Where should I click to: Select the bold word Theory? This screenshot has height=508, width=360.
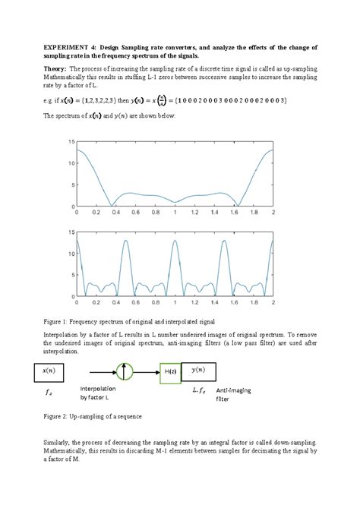tap(55, 68)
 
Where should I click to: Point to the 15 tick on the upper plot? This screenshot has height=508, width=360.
tap(71, 142)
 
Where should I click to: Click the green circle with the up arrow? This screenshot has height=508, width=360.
tap(123, 371)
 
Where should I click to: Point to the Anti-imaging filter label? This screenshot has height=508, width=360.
tap(235, 393)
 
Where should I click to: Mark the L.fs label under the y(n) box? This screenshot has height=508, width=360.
tap(200, 388)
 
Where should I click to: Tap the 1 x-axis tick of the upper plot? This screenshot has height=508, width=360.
tap(175, 213)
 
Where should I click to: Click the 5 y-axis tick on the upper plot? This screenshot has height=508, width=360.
tap(71, 185)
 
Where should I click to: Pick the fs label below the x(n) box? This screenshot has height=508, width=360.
tap(49, 393)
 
